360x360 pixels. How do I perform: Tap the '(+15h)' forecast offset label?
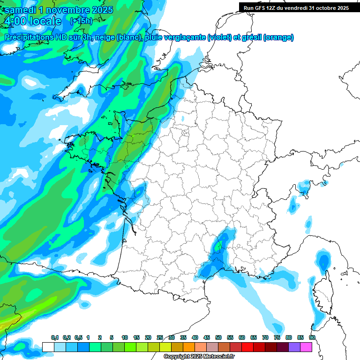[x=81, y=21]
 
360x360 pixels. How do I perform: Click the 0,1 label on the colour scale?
[x=54, y=337]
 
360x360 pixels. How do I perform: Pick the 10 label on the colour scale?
[x=125, y=337]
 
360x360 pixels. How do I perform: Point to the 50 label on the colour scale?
[x=218, y=337]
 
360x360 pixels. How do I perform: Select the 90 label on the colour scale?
[x=312, y=337]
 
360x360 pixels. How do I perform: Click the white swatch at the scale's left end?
[x=48, y=347]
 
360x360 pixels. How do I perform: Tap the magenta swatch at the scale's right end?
[x=306, y=347]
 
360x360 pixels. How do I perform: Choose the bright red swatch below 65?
[x=247, y=347]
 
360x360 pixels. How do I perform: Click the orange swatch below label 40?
[x=189, y=347]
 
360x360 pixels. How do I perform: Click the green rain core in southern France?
[x=218, y=245]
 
